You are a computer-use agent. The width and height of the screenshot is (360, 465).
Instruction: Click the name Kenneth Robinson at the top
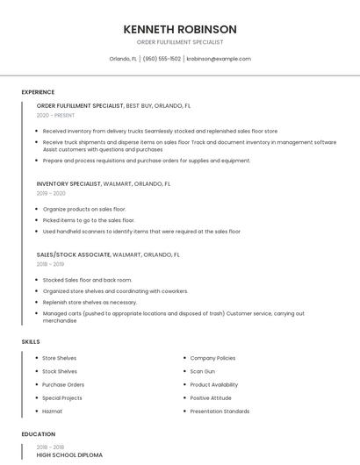[180, 29]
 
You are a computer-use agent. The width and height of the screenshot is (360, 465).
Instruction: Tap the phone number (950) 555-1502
[162, 59]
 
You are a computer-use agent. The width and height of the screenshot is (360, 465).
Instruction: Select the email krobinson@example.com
[219, 59]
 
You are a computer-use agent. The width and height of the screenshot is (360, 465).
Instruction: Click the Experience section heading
[38, 92]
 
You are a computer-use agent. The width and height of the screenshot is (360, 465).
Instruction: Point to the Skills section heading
[31, 341]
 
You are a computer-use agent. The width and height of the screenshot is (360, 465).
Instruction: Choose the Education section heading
[38, 434]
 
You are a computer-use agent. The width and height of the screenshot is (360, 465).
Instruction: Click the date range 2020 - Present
[56, 115]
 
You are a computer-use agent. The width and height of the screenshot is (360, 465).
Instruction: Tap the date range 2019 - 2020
[51, 193]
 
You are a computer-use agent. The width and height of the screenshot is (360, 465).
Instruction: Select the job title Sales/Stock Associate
[74, 254]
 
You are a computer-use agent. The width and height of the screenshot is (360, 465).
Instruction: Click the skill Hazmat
[52, 411]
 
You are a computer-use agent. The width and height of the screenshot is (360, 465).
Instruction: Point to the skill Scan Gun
[203, 371]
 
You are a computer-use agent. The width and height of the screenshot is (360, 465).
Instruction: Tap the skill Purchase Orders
[63, 384]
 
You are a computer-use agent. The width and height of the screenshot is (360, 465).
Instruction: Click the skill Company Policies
[212, 358]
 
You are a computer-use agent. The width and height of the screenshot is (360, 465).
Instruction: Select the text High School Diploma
[69, 455]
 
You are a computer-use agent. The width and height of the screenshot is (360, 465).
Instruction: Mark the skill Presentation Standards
[220, 411]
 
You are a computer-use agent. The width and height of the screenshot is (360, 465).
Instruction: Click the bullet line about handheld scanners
[141, 232]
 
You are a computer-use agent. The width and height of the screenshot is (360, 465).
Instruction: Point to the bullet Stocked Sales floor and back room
[87, 280]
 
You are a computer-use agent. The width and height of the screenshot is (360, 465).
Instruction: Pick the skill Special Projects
[62, 397]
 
